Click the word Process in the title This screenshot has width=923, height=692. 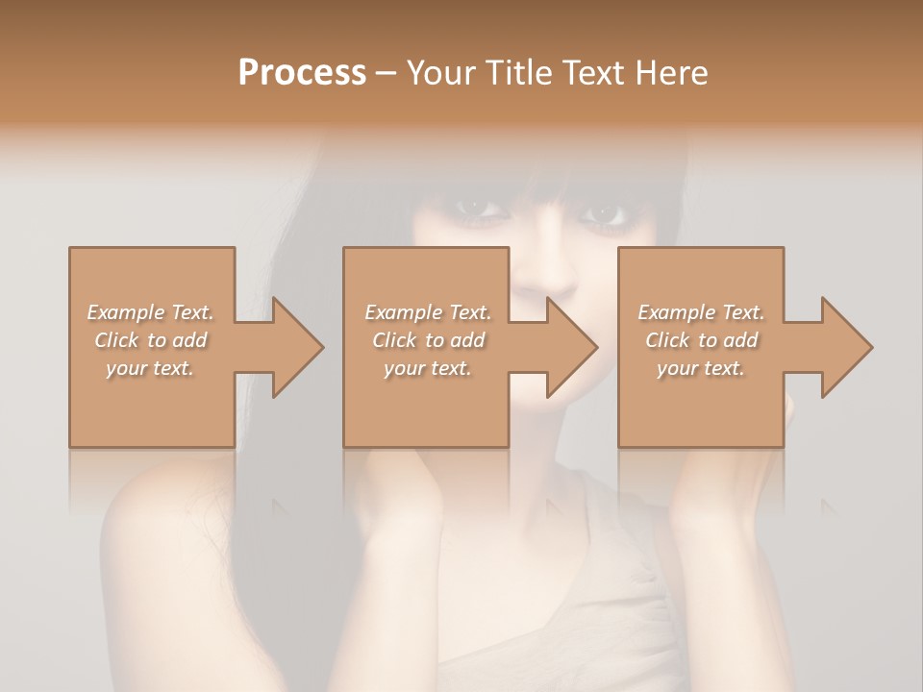coord(302,73)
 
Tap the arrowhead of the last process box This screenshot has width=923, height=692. coord(845,347)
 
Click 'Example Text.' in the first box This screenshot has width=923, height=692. coord(151,312)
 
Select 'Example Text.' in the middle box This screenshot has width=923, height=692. coord(428,312)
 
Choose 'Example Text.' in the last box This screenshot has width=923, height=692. coord(701,312)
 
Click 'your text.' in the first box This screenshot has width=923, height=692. coord(150,368)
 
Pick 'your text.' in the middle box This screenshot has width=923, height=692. coord(427,368)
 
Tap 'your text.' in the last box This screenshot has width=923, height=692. coord(701,368)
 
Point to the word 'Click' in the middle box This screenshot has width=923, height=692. coord(394,340)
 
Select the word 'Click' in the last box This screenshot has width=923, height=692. coord(667,340)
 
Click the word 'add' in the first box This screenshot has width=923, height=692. coord(189,340)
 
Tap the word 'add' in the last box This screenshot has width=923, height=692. coord(740,340)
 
